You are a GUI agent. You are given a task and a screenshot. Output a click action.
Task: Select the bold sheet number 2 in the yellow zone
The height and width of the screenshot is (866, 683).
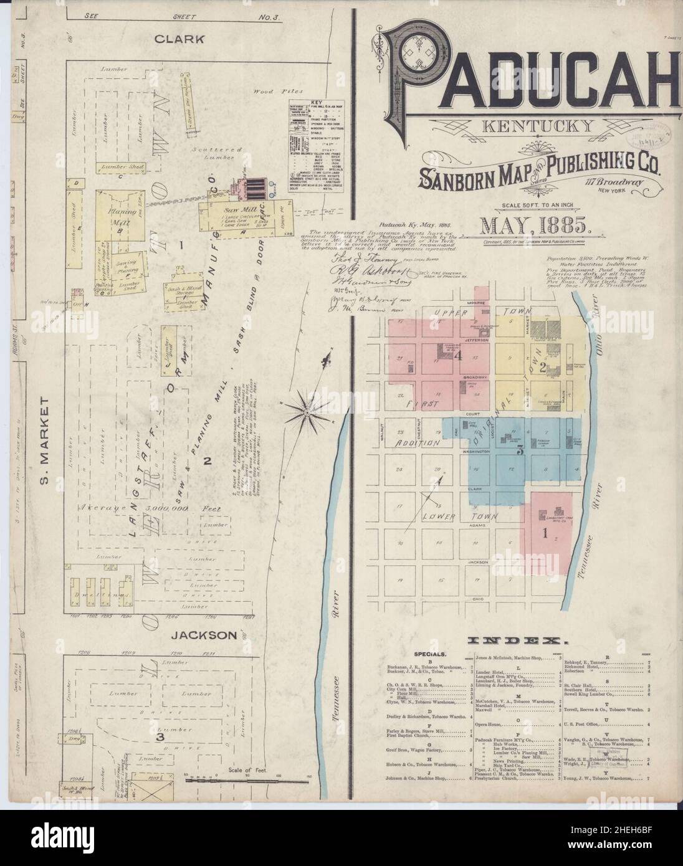coord(542,366)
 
